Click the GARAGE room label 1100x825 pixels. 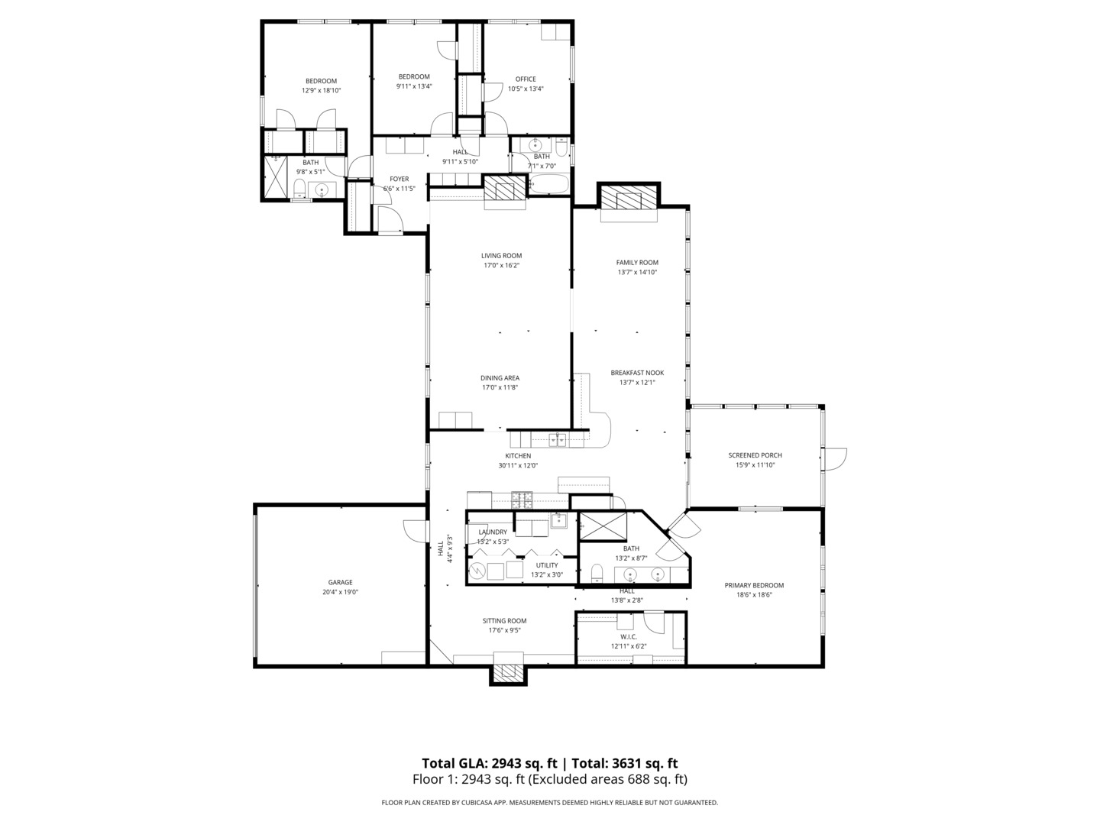pos(340,582)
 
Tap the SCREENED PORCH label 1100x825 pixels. pos(755,455)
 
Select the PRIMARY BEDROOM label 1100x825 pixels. pos(754,585)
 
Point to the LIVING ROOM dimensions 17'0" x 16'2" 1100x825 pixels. pos(501,266)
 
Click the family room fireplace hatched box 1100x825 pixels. pos(629,199)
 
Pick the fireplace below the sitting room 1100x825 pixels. pos(508,674)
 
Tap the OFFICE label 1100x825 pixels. pos(526,79)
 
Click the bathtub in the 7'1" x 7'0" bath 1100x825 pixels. pos(548,184)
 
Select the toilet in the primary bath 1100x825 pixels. pos(597,572)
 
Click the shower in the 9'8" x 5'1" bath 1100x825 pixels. pos(276,176)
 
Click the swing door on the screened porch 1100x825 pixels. pos(834,459)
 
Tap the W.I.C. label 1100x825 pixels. pos(629,636)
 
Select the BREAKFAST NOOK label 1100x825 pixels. pos(637,373)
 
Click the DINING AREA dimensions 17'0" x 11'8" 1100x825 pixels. pos(500,387)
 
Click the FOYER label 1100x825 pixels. pos(399,179)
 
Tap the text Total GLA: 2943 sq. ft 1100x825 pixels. pos(489,763)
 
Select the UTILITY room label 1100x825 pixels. pos(547,565)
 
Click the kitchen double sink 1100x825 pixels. pos(558,439)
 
